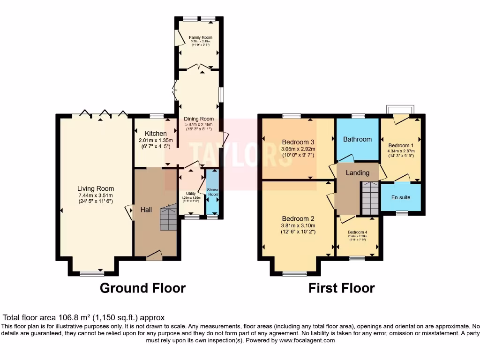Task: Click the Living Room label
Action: click(x=96, y=189)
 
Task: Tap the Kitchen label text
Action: click(x=156, y=134)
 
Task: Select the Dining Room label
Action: click(x=199, y=119)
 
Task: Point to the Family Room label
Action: click(x=201, y=37)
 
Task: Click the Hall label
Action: click(x=146, y=210)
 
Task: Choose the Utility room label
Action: click(x=191, y=193)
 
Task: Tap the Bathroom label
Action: click(x=357, y=139)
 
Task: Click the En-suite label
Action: click(x=401, y=197)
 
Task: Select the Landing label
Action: click(x=358, y=173)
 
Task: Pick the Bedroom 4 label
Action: click(x=358, y=232)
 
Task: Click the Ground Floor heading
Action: click(x=142, y=288)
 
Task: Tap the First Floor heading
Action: click(x=341, y=288)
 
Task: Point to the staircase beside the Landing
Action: click(x=370, y=198)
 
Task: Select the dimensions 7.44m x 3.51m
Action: click(x=96, y=195)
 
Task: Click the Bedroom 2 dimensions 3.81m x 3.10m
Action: click(x=298, y=225)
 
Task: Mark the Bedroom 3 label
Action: click(x=298, y=142)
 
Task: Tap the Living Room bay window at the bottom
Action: click(x=93, y=273)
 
